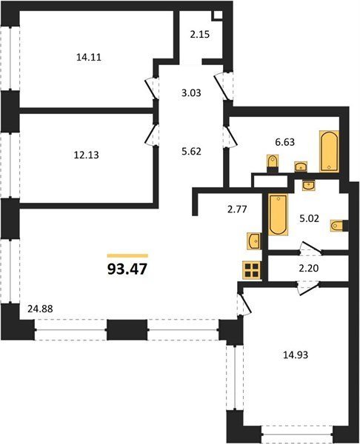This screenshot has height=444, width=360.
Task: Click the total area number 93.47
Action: tap(127, 269)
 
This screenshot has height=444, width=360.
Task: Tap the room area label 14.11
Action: tap(89, 58)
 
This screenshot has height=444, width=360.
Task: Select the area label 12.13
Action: tap(86, 155)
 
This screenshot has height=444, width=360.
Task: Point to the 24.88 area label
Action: tap(40, 309)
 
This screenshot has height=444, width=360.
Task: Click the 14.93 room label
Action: tap(296, 354)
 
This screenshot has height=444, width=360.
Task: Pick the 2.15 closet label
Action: tap(199, 35)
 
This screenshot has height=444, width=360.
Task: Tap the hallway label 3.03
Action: tap(191, 92)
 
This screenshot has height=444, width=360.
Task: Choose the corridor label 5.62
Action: tap(191, 152)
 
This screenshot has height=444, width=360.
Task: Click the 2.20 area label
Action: tap(309, 268)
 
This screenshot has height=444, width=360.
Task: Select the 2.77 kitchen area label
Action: tap(237, 209)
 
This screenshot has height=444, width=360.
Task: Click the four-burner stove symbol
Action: tap(252, 271)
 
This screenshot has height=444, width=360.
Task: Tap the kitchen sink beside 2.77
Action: tap(253, 241)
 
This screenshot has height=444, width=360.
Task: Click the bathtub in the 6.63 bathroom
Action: tap(329, 151)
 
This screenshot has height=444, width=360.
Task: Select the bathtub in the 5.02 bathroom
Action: tap(278, 215)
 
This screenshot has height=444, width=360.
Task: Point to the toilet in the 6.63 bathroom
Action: tap(273, 161)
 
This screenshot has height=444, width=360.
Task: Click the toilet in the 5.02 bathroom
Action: tap(337, 226)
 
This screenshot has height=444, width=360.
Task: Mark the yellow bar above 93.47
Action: tap(127, 256)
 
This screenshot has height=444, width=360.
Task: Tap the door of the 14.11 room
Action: tap(151, 88)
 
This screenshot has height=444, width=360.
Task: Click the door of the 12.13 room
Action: tap(151, 135)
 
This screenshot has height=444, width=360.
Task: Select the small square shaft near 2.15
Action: tap(218, 16)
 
